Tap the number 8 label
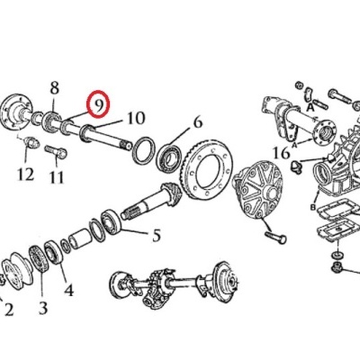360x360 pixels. point(54,87)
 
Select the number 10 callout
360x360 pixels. point(135,118)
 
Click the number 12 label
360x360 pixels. point(24,171)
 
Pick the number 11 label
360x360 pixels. point(57,177)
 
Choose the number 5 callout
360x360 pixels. point(157,237)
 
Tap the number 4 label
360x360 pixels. point(68,290)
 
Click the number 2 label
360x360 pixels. point(8,310)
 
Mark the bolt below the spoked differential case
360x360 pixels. point(273,238)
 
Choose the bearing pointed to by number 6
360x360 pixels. point(170,160)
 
